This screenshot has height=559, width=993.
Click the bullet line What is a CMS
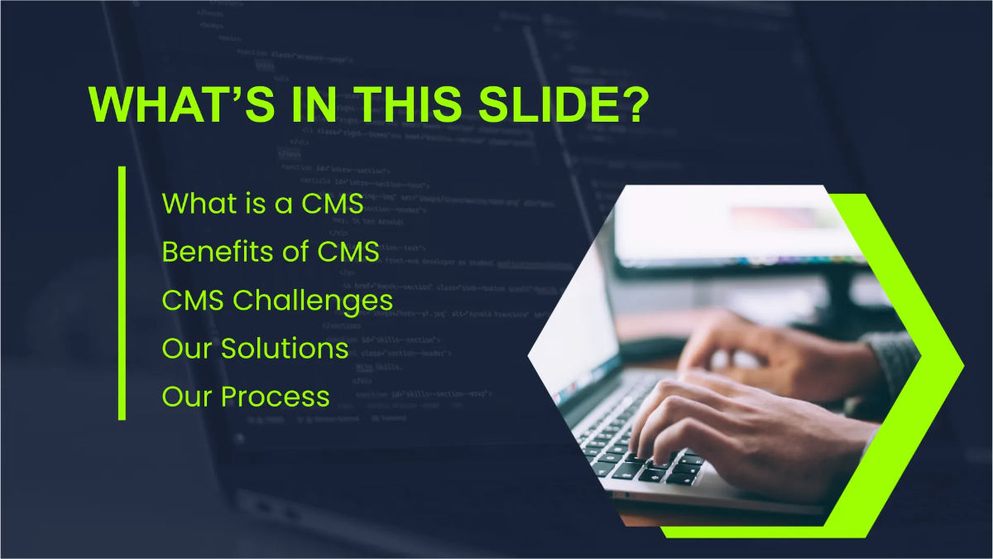(x=262, y=203)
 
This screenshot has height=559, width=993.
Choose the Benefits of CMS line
(x=271, y=252)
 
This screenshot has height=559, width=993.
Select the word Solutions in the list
(x=284, y=349)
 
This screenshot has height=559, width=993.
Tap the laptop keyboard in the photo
(x=629, y=447)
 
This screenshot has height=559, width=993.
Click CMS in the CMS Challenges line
(x=194, y=300)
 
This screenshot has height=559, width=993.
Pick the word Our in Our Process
(x=187, y=397)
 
